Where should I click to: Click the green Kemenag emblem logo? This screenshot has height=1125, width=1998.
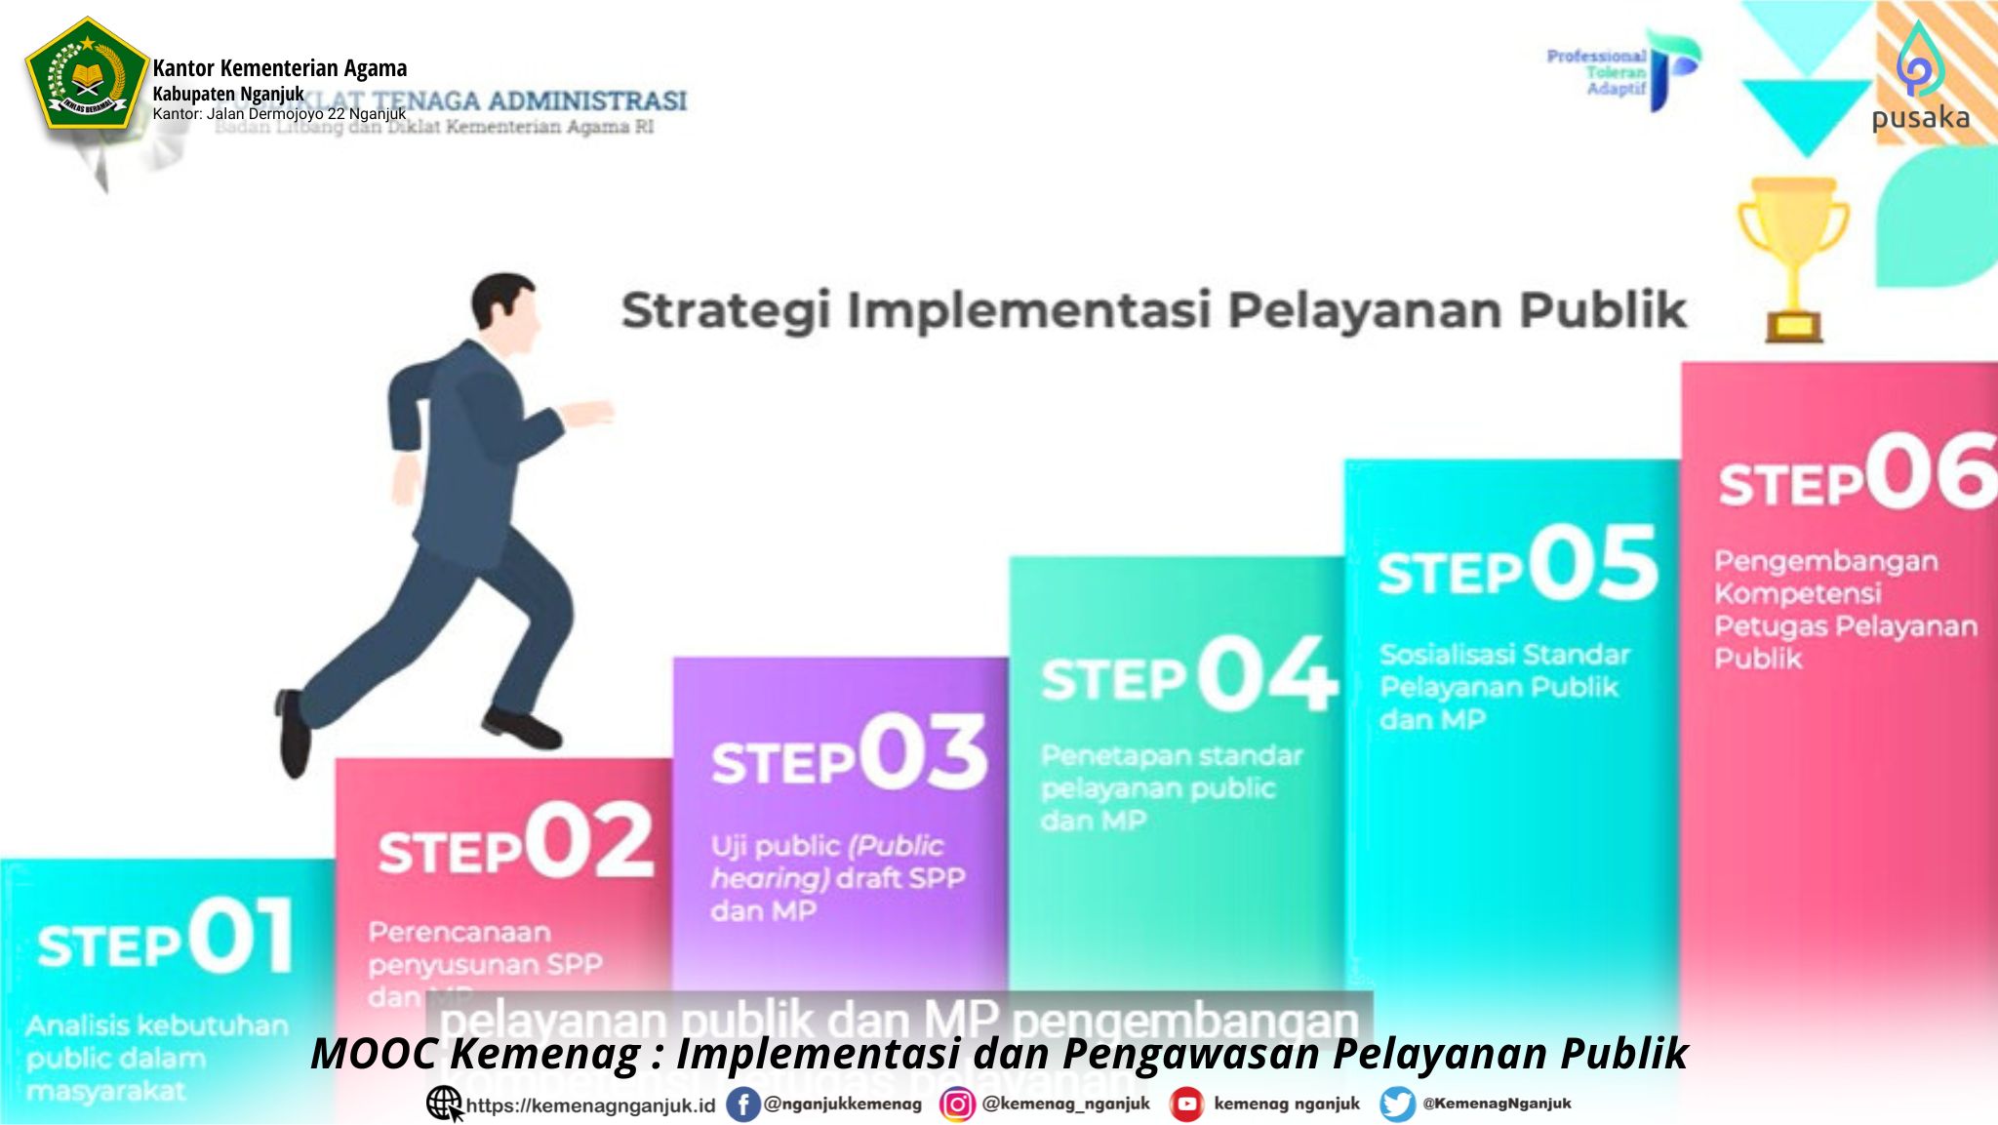[86, 74]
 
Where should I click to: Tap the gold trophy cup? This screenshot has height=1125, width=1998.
[1793, 256]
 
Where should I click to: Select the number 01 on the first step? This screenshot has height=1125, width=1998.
[240, 937]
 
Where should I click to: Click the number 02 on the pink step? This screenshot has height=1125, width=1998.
[589, 841]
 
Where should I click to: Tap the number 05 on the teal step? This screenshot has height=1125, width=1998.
[1592, 564]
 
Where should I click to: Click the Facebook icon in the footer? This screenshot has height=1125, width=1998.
[742, 1105]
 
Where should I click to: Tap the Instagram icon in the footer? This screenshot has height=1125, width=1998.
[957, 1105]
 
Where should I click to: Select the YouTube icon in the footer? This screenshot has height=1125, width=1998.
[1186, 1105]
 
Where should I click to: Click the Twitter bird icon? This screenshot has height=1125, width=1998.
[1397, 1105]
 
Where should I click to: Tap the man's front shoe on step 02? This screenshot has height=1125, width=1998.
[521, 728]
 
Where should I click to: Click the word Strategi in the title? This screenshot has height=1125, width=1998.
[726, 310]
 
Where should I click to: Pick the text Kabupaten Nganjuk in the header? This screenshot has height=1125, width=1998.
[228, 94]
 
